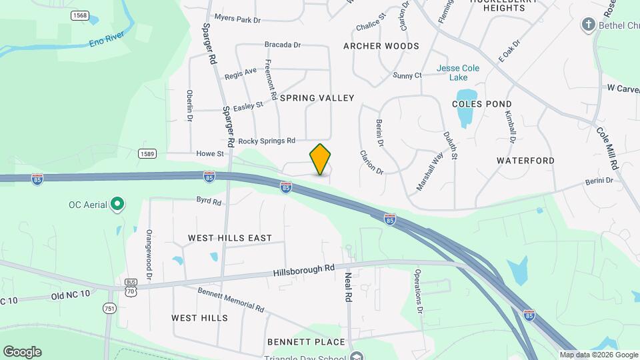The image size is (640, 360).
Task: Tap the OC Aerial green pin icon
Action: pos(117,204)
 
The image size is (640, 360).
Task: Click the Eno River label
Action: pos(106,40)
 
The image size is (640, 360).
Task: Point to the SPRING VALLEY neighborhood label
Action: pos(317,98)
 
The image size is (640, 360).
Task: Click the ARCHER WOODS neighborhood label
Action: pos(381,46)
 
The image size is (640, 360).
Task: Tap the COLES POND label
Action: pos(481,104)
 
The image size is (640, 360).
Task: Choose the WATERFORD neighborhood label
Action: pos(525,161)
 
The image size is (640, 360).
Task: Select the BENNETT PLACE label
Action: pos(306,342)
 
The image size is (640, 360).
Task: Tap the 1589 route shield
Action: pos(148,154)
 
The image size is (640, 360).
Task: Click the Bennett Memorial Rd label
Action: pos(231,300)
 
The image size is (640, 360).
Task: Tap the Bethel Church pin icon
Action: pos(588,25)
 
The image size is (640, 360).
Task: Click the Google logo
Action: pos(22,352)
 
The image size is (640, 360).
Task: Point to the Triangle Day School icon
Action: pos(357,356)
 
